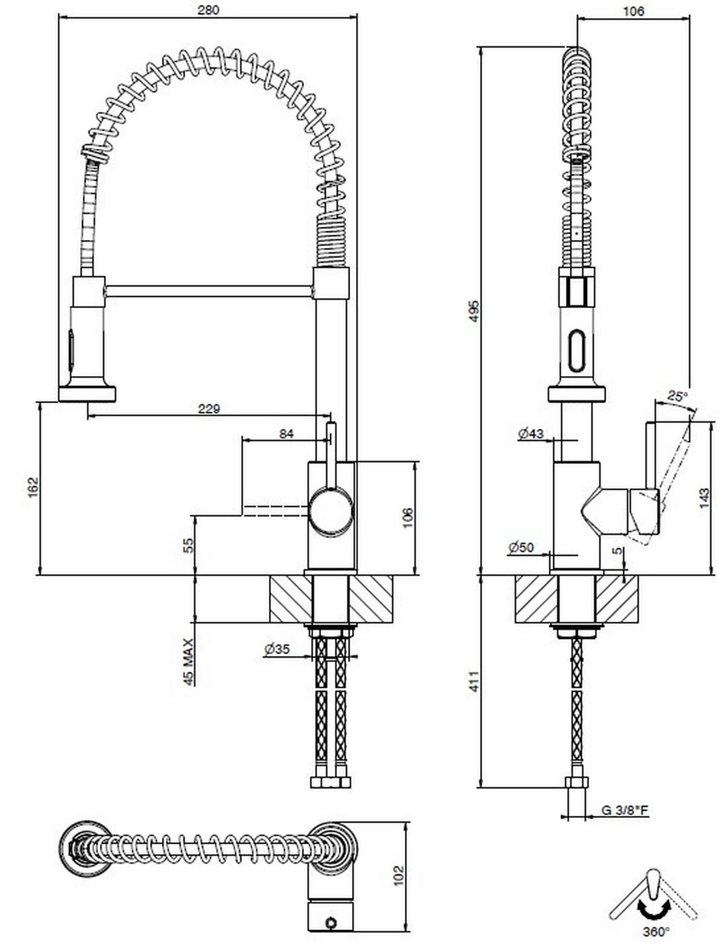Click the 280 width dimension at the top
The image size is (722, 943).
(208, 9)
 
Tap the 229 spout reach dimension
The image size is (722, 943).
(209, 409)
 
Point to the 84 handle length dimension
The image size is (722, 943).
(287, 433)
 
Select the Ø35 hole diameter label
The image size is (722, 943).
(277, 649)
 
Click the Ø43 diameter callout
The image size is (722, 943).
(530, 433)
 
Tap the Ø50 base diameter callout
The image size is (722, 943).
(521, 547)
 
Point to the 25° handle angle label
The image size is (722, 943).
(677, 396)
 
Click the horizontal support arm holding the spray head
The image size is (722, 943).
(209, 291)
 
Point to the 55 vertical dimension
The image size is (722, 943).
(189, 545)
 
